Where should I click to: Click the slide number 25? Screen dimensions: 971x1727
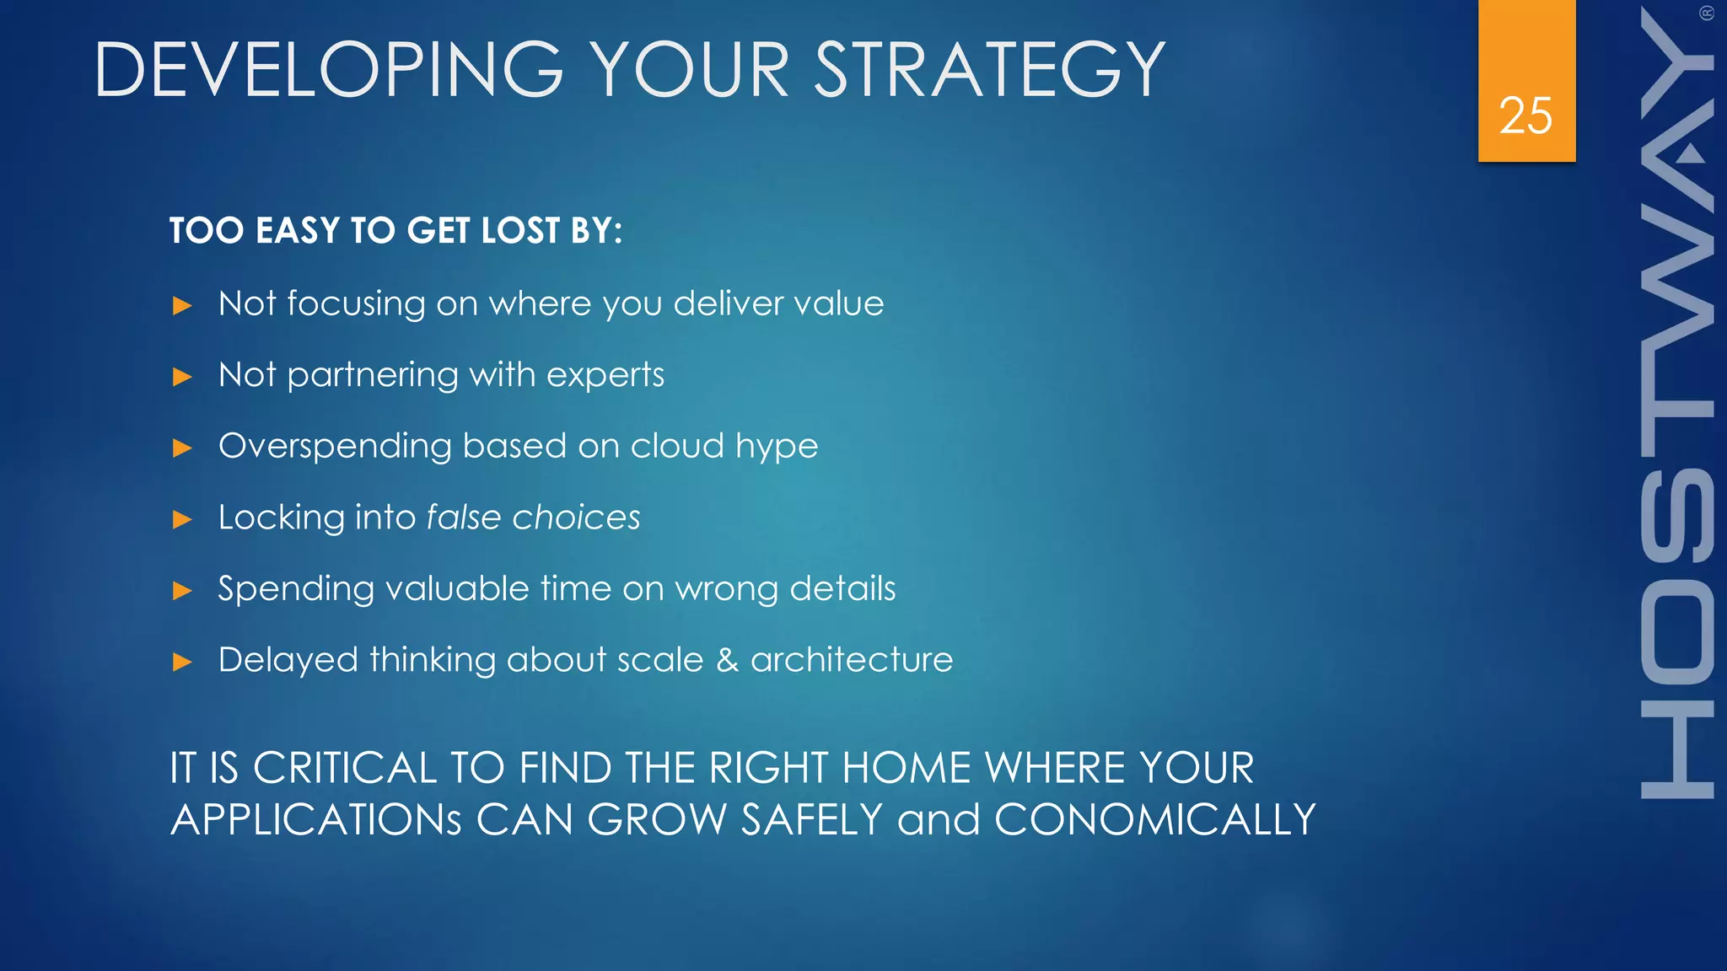[x=1525, y=115]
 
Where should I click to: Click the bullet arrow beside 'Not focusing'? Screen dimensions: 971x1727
[x=182, y=305]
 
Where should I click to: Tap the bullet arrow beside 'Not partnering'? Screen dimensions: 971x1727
[x=182, y=377]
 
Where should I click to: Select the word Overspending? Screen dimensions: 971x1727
[x=335, y=447]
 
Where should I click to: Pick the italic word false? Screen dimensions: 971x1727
[x=464, y=518]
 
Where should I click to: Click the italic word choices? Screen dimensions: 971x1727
[x=577, y=518]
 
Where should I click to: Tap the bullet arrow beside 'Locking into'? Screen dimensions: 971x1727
[x=182, y=519]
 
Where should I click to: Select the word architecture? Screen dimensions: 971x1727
[x=852, y=660]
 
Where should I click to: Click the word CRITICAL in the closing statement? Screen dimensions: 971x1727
[x=344, y=768]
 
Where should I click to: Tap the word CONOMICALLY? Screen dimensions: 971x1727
[x=1154, y=820]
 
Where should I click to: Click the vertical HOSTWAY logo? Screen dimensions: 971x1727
[x=1677, y=405]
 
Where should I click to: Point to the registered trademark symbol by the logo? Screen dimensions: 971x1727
[x=1707, y=13]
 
